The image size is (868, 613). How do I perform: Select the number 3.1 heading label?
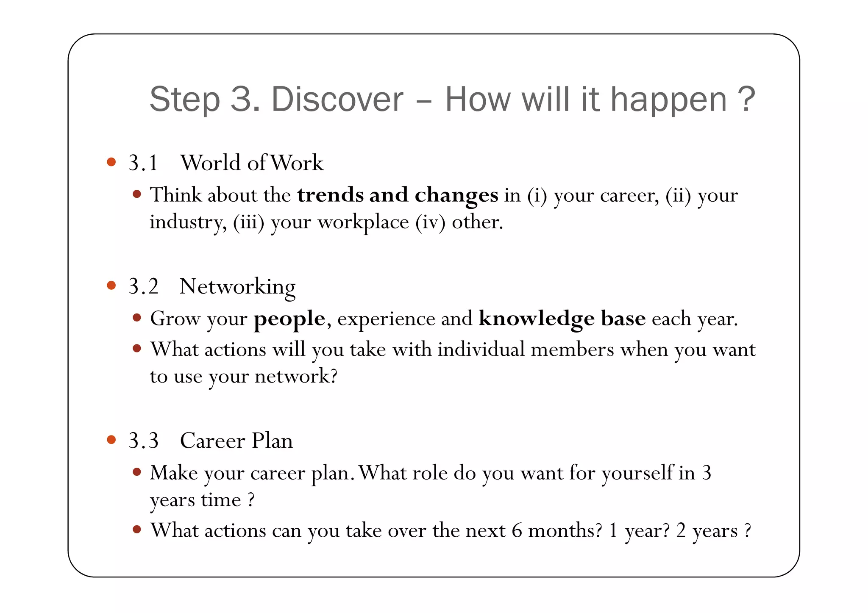pos(143,163)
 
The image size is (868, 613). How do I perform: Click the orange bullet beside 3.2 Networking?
pos(111,286)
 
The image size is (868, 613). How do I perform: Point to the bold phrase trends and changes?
pos(398,195)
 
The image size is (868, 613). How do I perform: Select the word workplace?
pos(363,222)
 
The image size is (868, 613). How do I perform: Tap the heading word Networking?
pos(237,287)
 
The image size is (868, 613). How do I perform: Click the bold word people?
pos(289,319)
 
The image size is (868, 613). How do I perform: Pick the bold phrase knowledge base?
pos(562,319)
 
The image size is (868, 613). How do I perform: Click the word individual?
pos(481,349)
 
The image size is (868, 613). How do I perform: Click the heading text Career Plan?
pos(236,441)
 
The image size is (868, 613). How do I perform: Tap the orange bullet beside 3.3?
pos(111,440)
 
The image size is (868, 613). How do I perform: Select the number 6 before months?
pos(517,530)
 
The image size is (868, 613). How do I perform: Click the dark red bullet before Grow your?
pos(136,318)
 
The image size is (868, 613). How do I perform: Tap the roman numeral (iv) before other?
pos(430,222)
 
